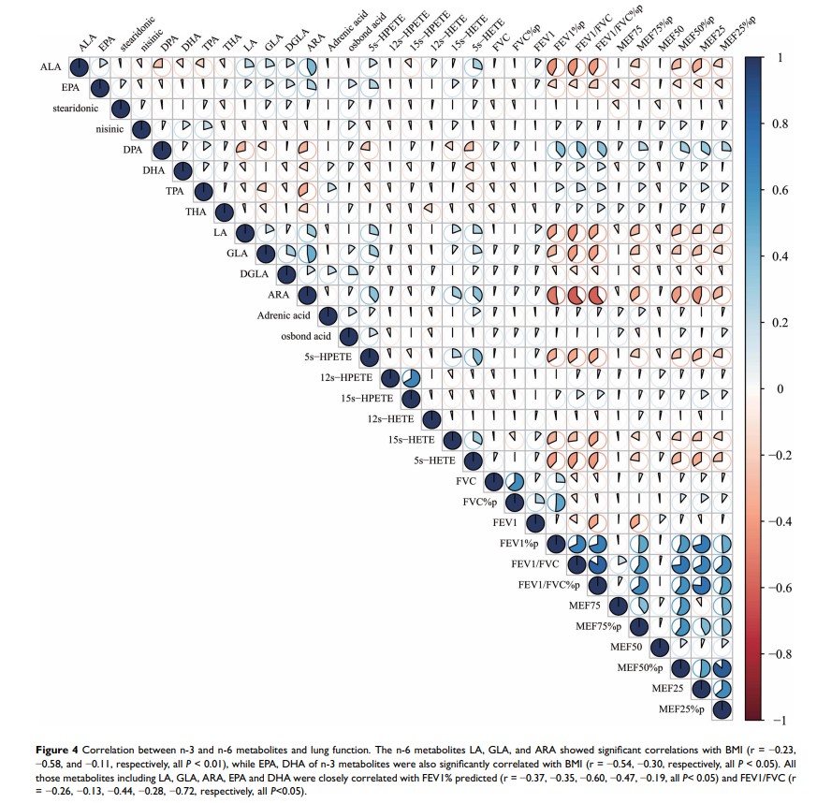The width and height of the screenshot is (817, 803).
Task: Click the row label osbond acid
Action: coord(305,337)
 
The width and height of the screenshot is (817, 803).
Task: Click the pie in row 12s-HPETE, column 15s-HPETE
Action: coord(410,378)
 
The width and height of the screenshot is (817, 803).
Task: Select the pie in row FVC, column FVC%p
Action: coord(514,482)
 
